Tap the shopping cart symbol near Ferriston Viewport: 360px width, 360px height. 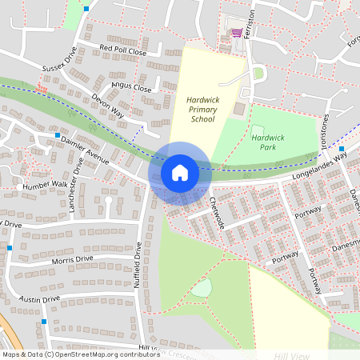[x=236, y=33]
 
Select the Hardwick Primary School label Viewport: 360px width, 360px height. [x=202, y=109]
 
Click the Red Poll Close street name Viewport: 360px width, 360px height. [x=123, y=50]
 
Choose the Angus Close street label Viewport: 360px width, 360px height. [x=131, y=88]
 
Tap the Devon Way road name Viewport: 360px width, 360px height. [x=108, y=106]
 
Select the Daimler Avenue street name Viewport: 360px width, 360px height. [x=84, y=150]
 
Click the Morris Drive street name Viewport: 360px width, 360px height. [x=72, y=259]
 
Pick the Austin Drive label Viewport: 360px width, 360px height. [x=40, y=298]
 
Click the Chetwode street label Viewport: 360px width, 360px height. [x=217, y=212]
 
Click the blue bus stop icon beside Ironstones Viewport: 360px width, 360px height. [x=342, y=149]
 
